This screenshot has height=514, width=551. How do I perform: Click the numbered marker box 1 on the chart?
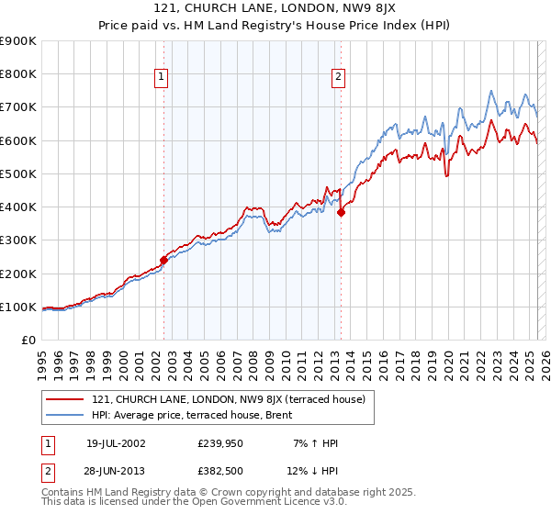tap(162, 78)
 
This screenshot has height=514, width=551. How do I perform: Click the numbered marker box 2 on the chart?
tap(339, 78)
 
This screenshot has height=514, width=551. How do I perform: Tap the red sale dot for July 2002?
tap(164, 260)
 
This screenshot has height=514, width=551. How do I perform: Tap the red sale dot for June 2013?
tap(341, 212)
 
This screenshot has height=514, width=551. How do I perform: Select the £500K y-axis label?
tap(18, 173)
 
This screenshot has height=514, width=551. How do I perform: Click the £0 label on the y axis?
tap(28, 341)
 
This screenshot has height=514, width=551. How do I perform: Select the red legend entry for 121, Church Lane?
tap(229, 399)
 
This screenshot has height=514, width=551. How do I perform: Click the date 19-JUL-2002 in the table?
tap(116, 443)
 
